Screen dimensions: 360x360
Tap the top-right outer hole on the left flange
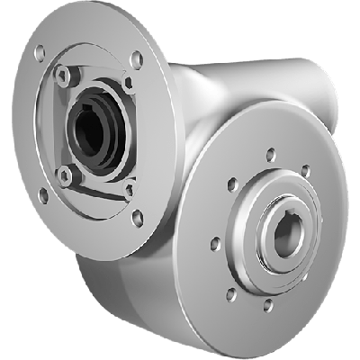click(135, 59)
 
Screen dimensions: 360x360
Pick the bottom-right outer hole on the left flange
click(137, 217)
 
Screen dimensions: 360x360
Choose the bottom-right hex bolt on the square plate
click(128, 189)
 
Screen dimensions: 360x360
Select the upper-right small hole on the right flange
click(306, 170)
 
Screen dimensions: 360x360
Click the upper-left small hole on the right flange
click(232, 184)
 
